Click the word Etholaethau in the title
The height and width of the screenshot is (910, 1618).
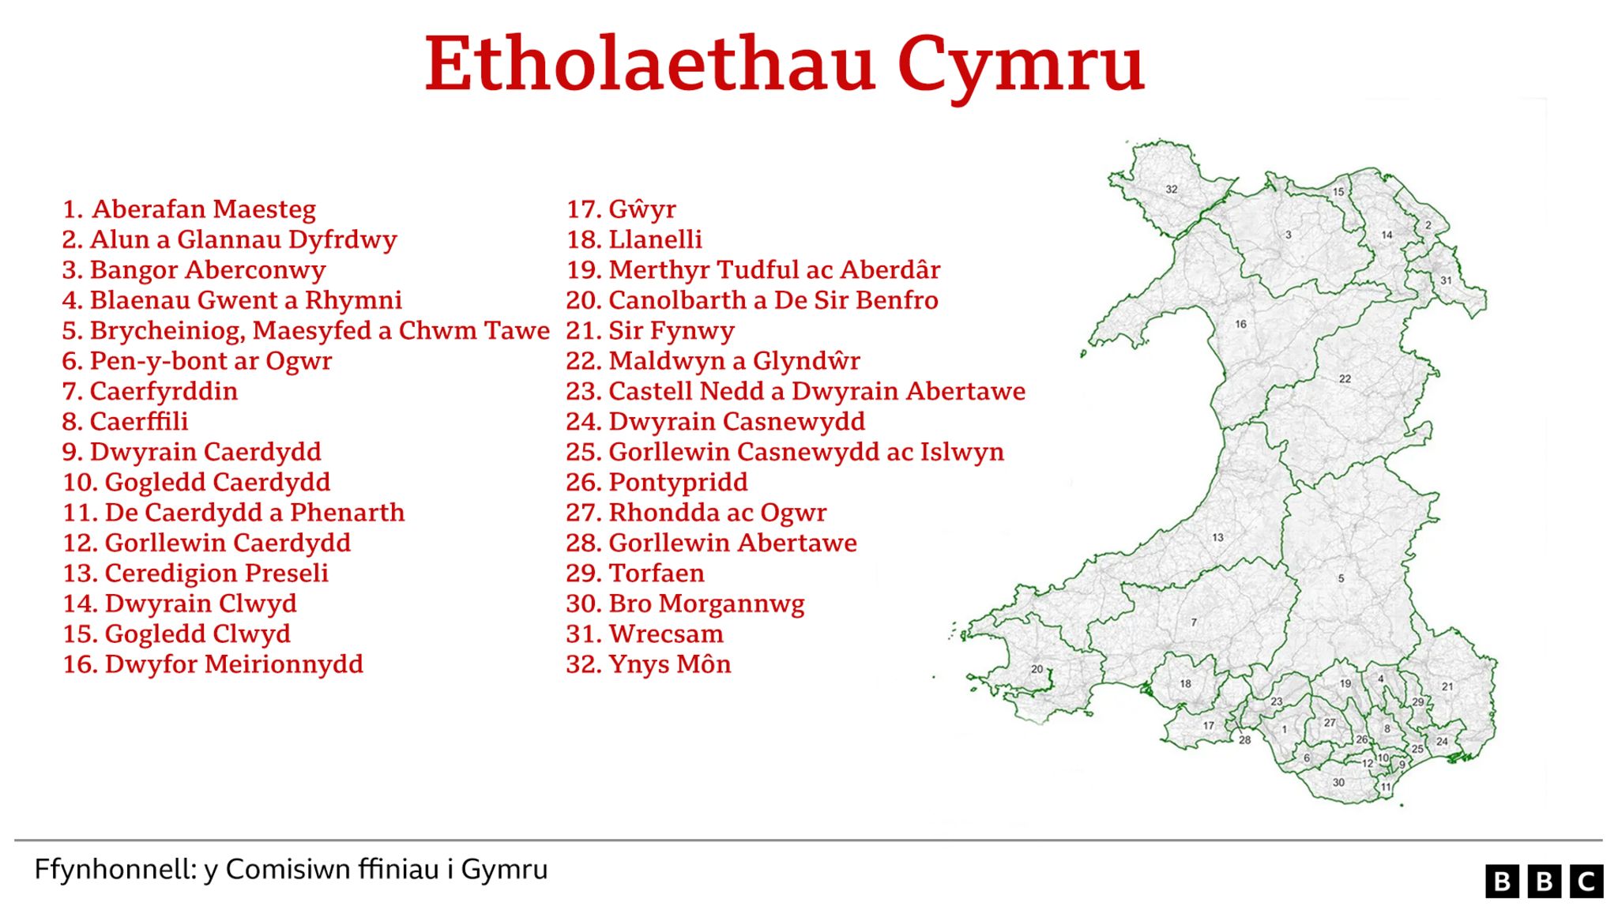pyautogui.click(x=649, y=65)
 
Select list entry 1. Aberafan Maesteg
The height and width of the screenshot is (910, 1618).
pyautogui.click(x=190, y=209)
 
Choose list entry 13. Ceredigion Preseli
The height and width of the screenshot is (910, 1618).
pyautogui.click(x=196, y=573)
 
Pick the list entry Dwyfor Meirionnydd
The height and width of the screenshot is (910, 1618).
pyautogui.click(x=213, y=664)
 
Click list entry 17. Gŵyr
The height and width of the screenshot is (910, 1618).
pyautogui.click(x=621, y=209)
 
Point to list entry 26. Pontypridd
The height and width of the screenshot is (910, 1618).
pyautogui.click(x=657, y=483)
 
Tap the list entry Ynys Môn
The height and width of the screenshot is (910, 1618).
pyautogui.click(x=649, y=664)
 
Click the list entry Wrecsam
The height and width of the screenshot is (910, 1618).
pyautogui.click(x=645, y=634)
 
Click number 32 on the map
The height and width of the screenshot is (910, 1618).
pyautogui.click(x=1172, y=190)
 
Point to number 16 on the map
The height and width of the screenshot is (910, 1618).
pyautogui.click(x=1241, y=324)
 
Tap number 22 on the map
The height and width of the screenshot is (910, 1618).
pyautogui.click(x=1345, y=379)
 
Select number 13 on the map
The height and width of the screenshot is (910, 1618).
pyautogui.click(x=1217, y=538)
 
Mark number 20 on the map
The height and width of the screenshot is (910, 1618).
pyautogui.click(x=1037, y=669)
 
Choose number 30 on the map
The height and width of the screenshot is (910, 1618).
pyautogui.click(x=1338, y=783)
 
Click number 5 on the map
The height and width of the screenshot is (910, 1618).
pyautogui.click(x=1341, y=578)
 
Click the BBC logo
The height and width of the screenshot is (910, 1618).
pyautogui.click(x=1544, y=882)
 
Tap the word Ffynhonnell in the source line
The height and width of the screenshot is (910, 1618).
pyautogui.click(x=115, y=870)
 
